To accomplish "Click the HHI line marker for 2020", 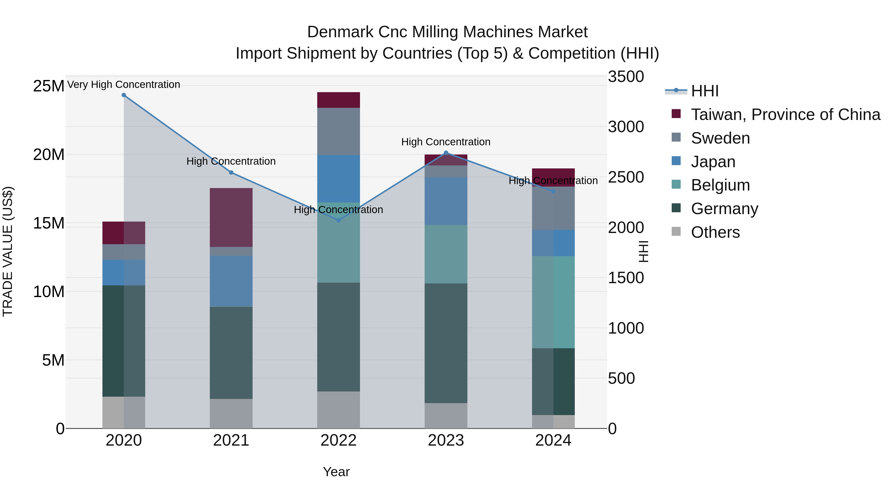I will tap(124, 95).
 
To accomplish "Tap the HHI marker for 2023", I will tap(446, 153).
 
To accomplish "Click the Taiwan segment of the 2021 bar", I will tap(231, 217).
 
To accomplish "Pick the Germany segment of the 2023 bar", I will tap(446, 343).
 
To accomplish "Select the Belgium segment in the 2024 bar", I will tap(553, 302).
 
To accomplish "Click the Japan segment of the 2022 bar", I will tap(338, 178).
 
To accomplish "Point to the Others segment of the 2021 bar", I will tap(231, 413).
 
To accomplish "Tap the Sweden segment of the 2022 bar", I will tap(338, 131).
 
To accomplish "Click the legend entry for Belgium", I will tap(720, 185).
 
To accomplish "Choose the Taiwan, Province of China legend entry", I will tap(785, 115).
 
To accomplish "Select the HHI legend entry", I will tap(705, 91).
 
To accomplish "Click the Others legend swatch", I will tap(676, 232).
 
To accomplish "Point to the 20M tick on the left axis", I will tap(49, 155).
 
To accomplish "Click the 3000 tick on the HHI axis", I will tap(626, 127).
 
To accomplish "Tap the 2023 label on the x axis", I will tap(446, 440).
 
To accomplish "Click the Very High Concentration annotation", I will tap(124, 84).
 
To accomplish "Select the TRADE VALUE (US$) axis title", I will tap(8, 251).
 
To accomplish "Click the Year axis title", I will tap(336, 472).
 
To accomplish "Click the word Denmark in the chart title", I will tap(340, 32).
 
